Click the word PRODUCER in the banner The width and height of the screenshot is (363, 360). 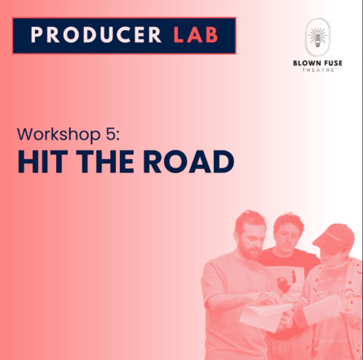[x=96, y=35]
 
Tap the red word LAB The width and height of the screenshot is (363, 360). [x=196, y=35]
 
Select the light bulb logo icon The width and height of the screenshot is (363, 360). [x=317, y=38]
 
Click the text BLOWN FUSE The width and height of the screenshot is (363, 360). [x=317, y=63]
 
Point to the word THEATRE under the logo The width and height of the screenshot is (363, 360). [x=318, y=70]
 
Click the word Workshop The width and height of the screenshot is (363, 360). [x=59, y=135]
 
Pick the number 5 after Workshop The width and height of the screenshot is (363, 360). [x=111, y=134]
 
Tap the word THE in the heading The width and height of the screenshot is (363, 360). [x=105, y=162]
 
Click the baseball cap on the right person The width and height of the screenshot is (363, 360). [x=335, y=237]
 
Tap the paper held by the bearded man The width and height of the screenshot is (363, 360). [x=265, y=316]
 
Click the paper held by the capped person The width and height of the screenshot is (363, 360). [x=322, y=309]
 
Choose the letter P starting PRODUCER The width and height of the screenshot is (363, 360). [x=37, y=35]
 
